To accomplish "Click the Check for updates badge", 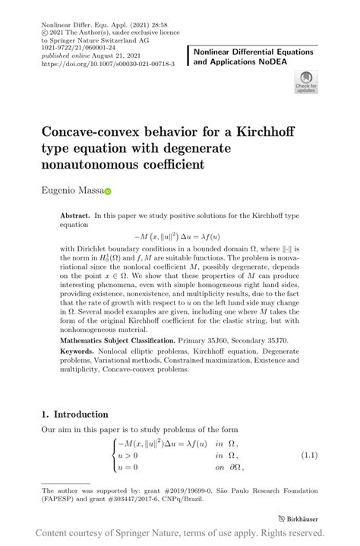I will point(305,82).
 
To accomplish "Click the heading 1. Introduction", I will point(74,414).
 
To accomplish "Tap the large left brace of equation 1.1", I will point(115,455).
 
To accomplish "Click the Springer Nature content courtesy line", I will point(180,535).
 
